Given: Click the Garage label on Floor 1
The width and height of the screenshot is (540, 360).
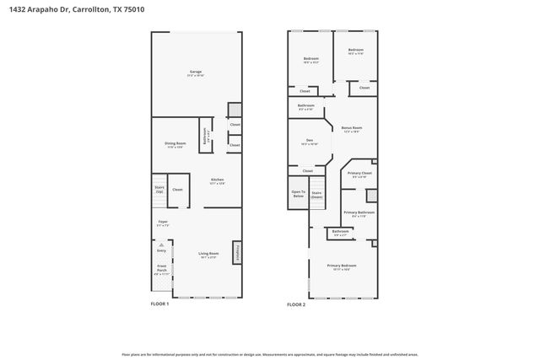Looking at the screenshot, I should (x=195, y=73).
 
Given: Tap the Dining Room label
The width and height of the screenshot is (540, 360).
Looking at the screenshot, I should (x=175, y=144).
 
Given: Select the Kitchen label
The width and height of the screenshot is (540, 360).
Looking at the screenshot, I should (x=216, y=180).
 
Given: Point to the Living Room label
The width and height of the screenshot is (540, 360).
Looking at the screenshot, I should (x=208, y=255).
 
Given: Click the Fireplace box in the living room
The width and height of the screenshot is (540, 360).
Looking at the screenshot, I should (x=237, y=252).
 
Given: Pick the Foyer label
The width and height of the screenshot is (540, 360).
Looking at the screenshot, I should (x=162, y=223).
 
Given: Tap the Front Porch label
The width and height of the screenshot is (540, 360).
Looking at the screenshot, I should (x=161, y=271).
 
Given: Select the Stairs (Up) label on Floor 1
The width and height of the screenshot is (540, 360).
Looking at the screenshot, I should (x=159, y=190).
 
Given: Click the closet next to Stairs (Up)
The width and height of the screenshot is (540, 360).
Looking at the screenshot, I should (x=177, y=190).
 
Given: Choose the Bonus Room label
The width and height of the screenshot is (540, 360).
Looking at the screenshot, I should (x=352, y=128).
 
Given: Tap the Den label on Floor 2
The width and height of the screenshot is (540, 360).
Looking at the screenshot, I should (x=309, y=141).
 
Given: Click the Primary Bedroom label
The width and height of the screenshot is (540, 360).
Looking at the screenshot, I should (x=342, y=266).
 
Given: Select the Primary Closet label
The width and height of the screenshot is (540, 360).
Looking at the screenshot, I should (x=359, y=174).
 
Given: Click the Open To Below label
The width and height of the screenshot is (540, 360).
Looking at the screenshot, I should (x=298, y=193).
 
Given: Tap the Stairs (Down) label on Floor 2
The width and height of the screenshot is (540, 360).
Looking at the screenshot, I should (x=317, y=194).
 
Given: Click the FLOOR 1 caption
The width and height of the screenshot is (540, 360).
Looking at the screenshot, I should (x=159, y=304).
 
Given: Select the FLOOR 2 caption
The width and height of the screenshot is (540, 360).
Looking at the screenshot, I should (x=296, y=304).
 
